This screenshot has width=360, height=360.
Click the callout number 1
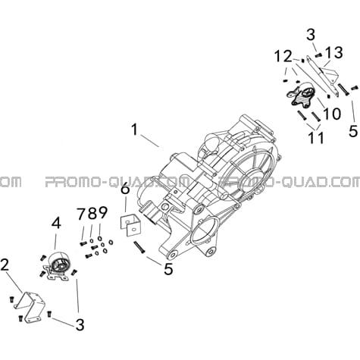click(x=135, y=130)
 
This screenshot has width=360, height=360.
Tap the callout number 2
click(x=5, y=265)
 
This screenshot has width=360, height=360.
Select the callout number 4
click(x=56, y=224)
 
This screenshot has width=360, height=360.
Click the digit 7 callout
click(x=82, y=214)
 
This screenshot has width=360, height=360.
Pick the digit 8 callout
click(x=92, y=214)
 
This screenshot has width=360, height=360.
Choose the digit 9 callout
click(x=103, y=214)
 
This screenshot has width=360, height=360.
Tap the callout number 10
click(x=332, y=114)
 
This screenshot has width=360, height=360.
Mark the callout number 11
click(x=316, y=138)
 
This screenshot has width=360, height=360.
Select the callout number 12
click(x=283, y=57)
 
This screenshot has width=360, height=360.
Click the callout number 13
click(x=333, y=53)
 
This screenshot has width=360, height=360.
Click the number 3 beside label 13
click(x=311, y=35)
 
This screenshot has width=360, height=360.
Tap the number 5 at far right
click(x=353, y=131)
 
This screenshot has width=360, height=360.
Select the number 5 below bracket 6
click(x=168, y=269)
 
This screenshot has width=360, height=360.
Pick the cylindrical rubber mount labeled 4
click(x=58, y=267)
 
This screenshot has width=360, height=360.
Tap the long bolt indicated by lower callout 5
click(x=139, y=247)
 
